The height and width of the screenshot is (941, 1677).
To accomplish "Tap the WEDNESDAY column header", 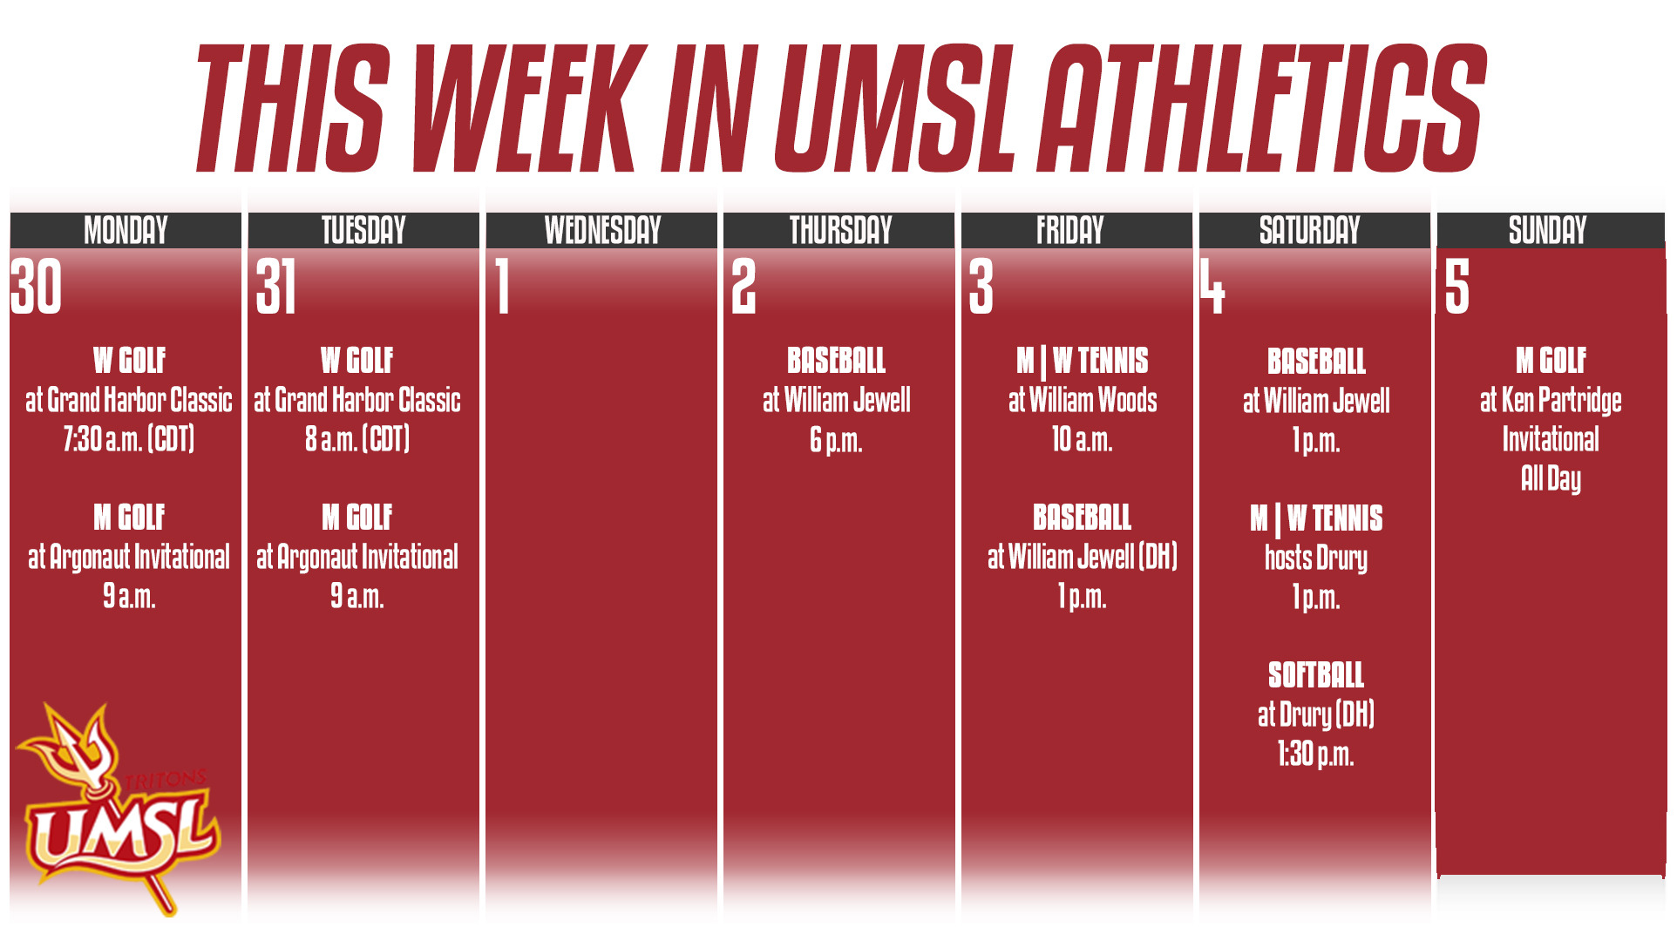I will [x=602, y=230].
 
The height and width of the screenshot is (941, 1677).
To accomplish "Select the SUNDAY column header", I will [x=1548, y=230].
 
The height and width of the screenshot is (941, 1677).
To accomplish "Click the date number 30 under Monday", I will [x=37, y=287].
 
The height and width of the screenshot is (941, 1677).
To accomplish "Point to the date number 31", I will [x=276, y=287].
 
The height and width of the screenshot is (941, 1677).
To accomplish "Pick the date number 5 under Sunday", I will [x=1456, y=287].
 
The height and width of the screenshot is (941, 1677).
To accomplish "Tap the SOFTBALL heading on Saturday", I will [x=1315, y=675].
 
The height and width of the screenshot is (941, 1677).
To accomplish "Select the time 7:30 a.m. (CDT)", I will [x=128, y=439].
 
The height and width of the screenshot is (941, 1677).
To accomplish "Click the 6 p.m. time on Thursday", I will [x=836, y=441].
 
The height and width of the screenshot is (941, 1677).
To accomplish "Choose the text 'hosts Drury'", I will [x=1315, y=558].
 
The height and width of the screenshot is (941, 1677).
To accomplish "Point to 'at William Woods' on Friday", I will [x=1083, y=401].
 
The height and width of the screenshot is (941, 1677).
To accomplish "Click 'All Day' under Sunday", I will [x=1551, y=478].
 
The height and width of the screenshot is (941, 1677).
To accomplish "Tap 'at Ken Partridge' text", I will [x=1551, y=401].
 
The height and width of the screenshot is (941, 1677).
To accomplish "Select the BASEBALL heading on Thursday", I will [x=836, y=361].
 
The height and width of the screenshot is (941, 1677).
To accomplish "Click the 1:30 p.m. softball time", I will [x=1315, y=754].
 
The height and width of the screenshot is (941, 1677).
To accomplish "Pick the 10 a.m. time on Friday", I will [x=1082, y=440].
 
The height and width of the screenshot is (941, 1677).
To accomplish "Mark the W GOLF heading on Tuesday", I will [x=356, y=361].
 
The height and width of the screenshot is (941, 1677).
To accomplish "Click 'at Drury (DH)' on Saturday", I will [x=1315, y=714].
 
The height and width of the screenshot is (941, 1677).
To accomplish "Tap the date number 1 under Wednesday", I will [x=502, y=287].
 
